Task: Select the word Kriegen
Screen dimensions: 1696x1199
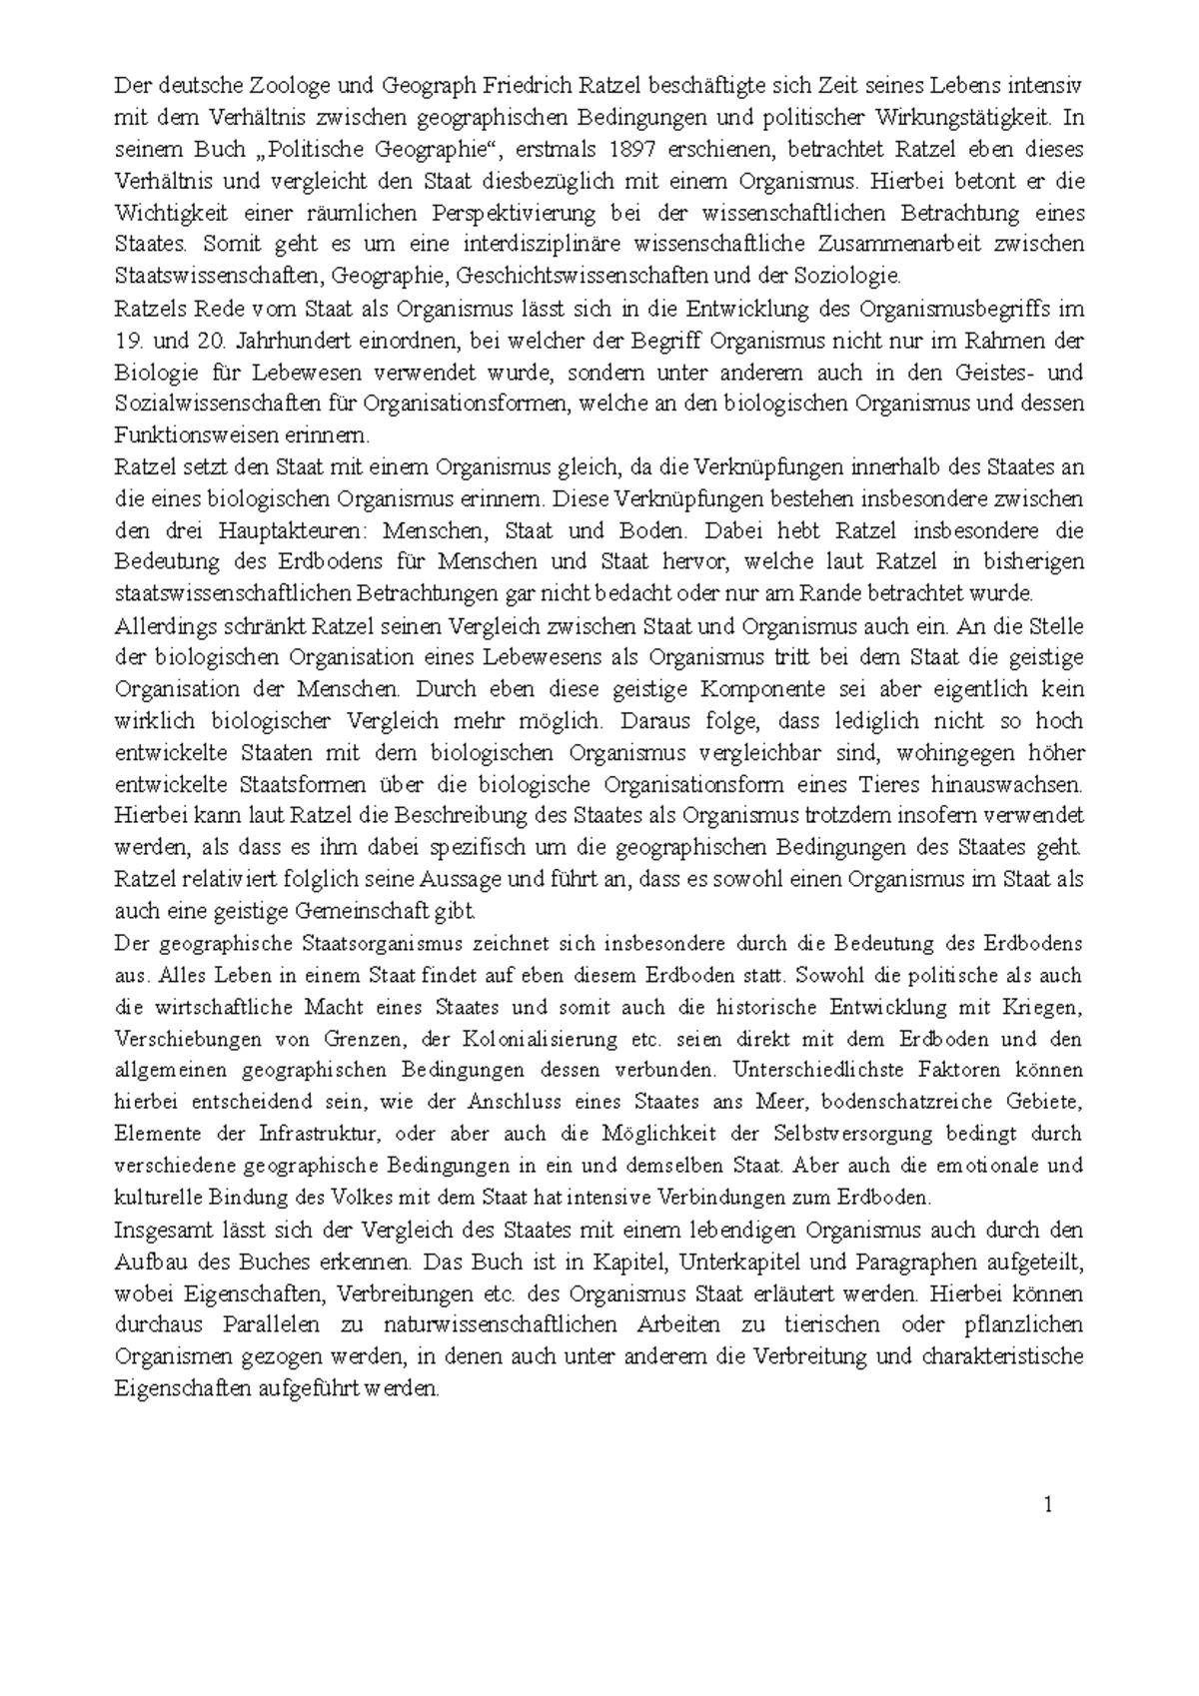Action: coord(1043,1008)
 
